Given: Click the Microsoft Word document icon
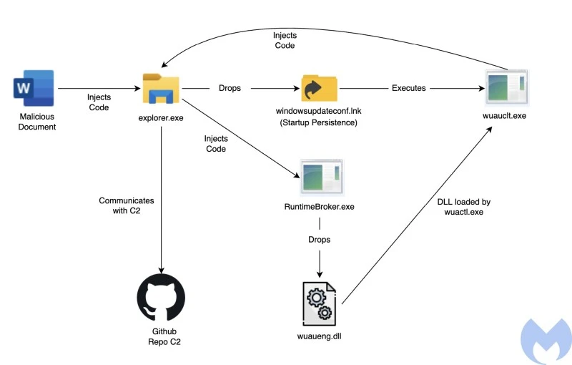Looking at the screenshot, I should [x=34, y=88].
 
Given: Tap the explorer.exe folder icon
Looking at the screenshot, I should [x=161, y=89].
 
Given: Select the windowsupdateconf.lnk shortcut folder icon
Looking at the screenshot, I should [x=320, y=89].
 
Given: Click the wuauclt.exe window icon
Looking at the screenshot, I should [x=506, y=89].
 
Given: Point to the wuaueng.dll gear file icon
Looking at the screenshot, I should [x=320, y=301].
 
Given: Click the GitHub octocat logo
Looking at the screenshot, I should [x=161, y=298].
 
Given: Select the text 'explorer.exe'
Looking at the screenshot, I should [x=161, y=117].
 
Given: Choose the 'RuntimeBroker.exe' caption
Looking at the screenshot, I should [x=320, y=208].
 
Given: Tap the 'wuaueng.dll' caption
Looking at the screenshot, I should [x=320, y=336].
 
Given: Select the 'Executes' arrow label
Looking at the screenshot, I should [x=409, y=88].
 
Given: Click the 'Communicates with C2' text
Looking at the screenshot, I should [x=126, y=206].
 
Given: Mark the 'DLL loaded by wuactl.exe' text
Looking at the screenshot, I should [x=464, y=208].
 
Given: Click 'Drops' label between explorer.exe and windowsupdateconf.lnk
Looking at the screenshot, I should [x=230, y=88].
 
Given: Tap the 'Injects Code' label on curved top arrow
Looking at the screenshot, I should [x=285, y=40].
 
